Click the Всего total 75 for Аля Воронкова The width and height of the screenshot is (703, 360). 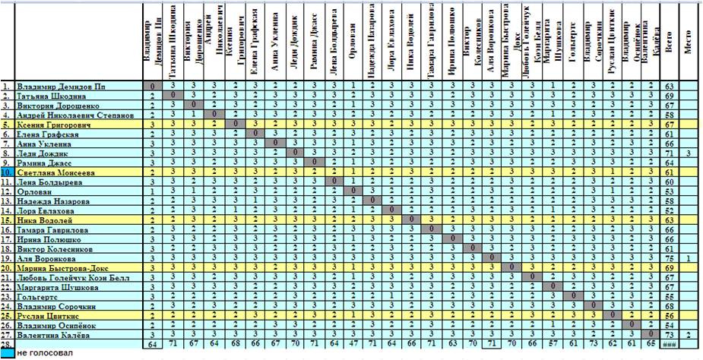coord(670,257)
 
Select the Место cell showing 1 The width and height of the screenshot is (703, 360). coord(689,257)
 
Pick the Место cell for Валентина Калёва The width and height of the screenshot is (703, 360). coord(689,333)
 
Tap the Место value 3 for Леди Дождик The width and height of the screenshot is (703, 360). coord(689,153)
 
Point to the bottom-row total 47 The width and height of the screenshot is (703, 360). coord(352,343)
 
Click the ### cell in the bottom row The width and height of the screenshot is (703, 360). coord(670,343)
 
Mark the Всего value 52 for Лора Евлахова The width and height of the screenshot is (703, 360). coord(670,210)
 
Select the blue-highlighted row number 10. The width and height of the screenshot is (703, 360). coord(7,172)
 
